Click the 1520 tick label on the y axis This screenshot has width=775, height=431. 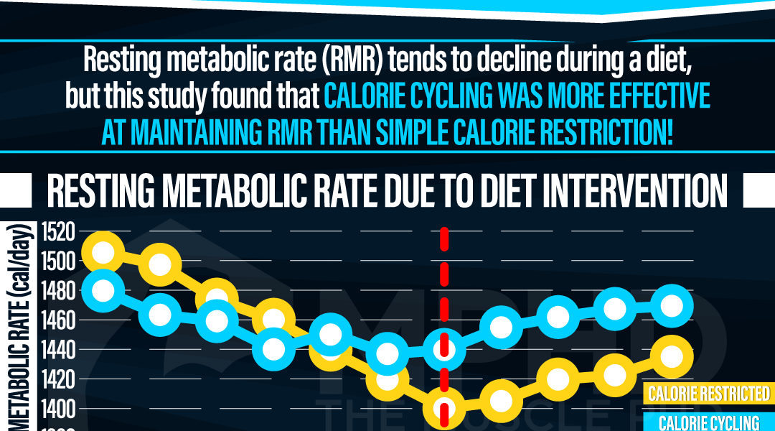tap(58, 231)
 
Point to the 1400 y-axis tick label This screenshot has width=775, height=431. tap(58, 409)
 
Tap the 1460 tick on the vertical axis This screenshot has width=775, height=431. tap(58, 320)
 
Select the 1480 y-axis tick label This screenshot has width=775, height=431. tap(58, 290)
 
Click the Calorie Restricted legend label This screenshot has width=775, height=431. tap(708, 394)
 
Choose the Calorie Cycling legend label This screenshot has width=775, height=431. tap(708, 422)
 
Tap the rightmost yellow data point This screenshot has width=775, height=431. tap(672, 356)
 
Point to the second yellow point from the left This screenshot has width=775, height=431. tap(159, 264)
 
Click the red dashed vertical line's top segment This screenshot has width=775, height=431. tap(444, 239)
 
